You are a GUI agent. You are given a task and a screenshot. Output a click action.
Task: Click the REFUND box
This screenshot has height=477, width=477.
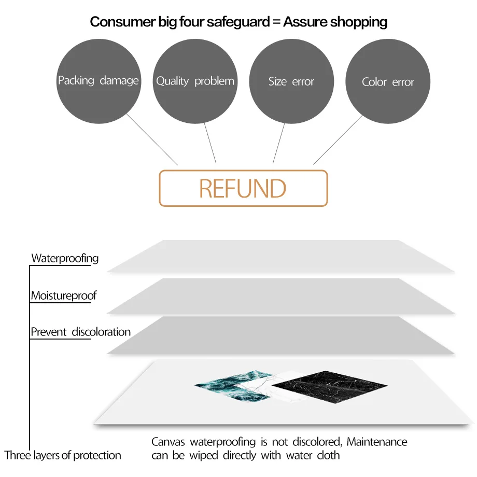pyautogui.click(x=243, y=188)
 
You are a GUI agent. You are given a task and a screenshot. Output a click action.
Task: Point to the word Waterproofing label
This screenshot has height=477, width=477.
pyautogui.click(x=65, y=258)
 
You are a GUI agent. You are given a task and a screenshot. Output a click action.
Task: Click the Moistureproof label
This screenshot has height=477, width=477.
pyautogui.click(x=64, y=296)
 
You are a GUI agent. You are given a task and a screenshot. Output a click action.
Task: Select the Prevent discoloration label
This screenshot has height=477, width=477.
pyautogui.click(x=80, y=332)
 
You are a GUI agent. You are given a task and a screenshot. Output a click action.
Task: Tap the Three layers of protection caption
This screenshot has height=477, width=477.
pyautogui.click(x=63, y=455)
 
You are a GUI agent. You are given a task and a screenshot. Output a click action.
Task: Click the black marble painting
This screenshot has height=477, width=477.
pyautogui.click(x=329, y=386)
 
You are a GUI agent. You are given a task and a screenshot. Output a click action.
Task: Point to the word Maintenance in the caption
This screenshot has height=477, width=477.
pyautogui.click(x=377, y=442)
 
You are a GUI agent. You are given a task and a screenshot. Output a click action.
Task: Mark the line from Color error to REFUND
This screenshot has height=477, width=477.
pyautogui.click(x=338, y=139)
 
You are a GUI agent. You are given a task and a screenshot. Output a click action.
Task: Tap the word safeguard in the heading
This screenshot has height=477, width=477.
pyautogui.click(x=240, y=22)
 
